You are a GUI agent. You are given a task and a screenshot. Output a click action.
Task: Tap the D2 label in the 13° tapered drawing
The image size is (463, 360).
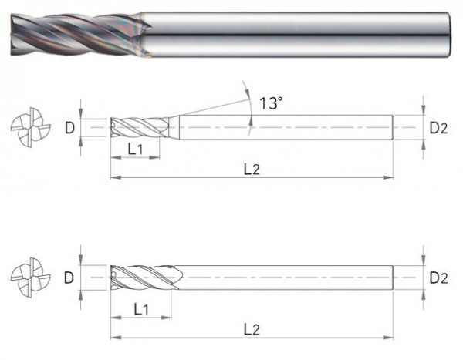(x=438, y=127)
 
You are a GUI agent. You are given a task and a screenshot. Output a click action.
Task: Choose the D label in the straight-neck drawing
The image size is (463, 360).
(x=69, y=276)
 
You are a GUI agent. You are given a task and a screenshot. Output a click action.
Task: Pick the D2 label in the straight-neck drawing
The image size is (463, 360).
(x=438, y=276)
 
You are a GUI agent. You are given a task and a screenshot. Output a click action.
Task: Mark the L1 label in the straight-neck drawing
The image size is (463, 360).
(x=141, y=309)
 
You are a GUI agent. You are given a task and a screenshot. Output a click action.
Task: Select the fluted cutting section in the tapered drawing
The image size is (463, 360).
(x=139, y=126)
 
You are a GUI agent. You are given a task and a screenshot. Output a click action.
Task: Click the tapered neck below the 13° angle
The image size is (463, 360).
(x=174, y=126)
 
